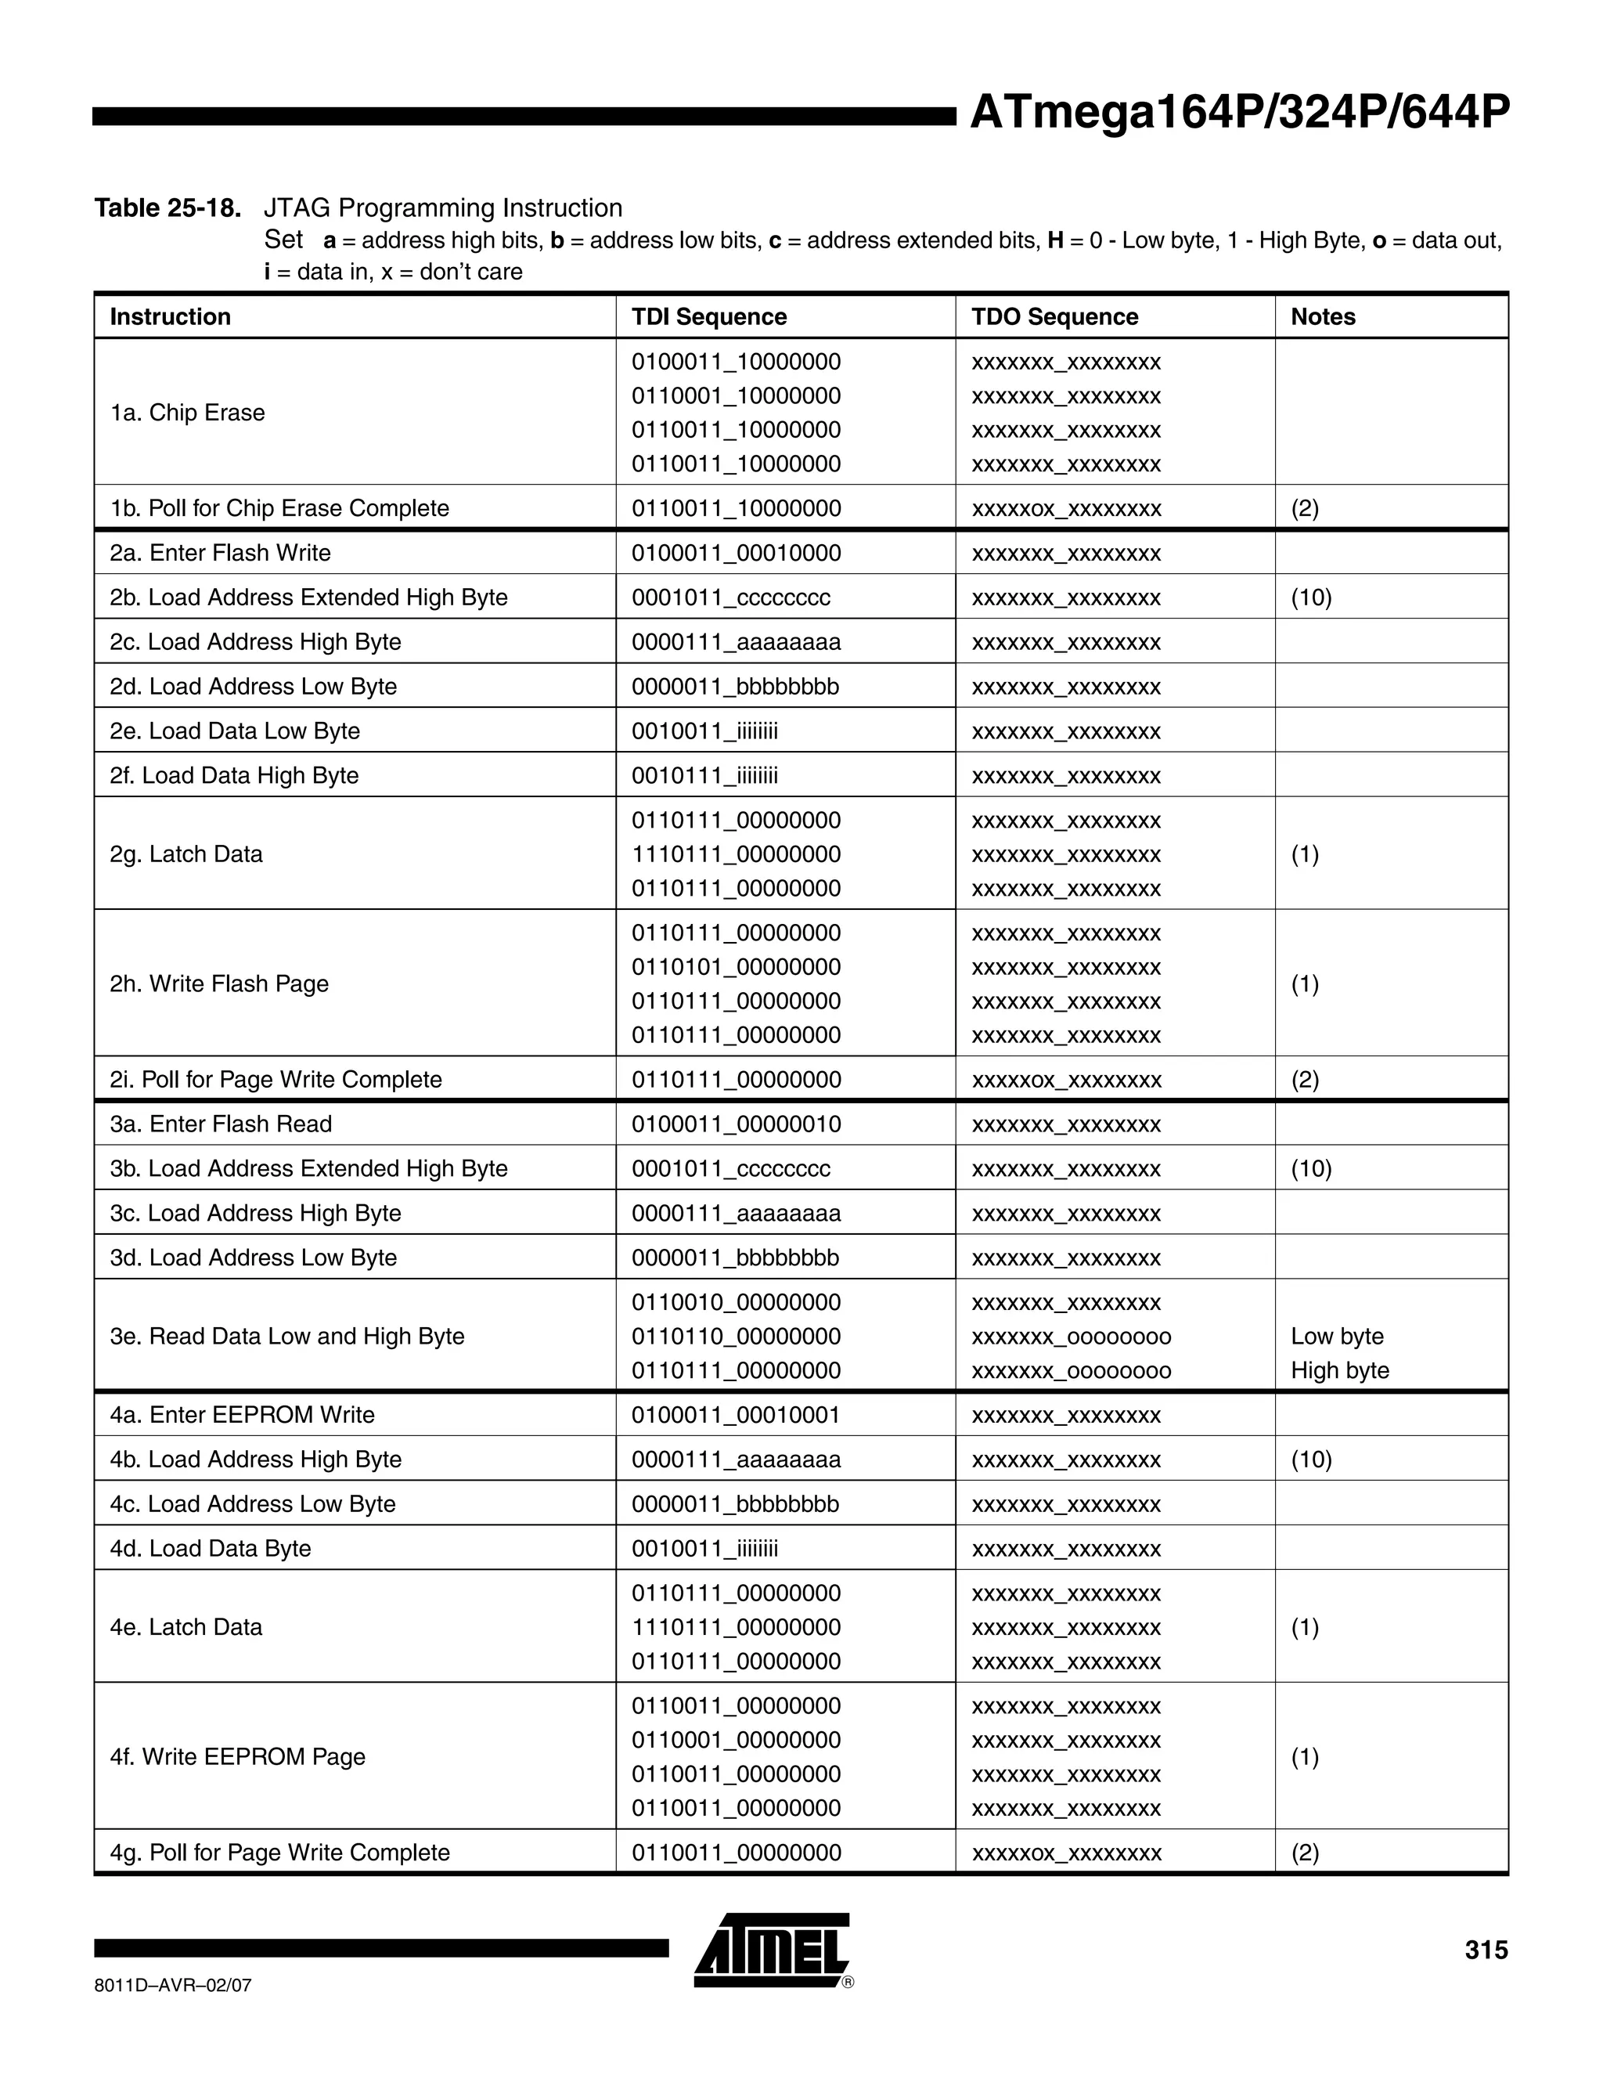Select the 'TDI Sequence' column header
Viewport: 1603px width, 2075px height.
pos(708,316)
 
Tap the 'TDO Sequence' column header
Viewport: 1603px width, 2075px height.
pos(1054,316)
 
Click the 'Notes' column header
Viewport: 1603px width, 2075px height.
pos(1322,316)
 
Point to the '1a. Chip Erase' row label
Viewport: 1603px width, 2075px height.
pos(187,413)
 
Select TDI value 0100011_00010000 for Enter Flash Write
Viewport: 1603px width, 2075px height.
pos(736,553)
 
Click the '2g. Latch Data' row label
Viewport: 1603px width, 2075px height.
pos(186,854)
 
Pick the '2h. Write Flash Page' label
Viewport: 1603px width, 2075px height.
pos(218,983)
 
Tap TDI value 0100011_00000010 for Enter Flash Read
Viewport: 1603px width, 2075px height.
pos(736,1124)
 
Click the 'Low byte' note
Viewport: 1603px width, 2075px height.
pos(1336,1336)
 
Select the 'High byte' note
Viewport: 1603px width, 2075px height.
pos(1339,1370)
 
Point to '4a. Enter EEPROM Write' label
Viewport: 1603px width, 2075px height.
pos(242,1415)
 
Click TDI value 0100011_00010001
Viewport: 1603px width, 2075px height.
pos(736,1415)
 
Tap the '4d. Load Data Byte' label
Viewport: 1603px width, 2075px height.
pos(210,1549)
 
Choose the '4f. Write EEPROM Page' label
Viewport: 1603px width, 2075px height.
pos(237,1757)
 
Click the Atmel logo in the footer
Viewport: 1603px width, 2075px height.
pos(771,1950)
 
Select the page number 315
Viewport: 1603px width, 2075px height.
pos(1486,1950)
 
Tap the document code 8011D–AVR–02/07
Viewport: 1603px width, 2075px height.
pos(173,1986)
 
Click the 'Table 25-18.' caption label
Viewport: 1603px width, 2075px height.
pos(168,208)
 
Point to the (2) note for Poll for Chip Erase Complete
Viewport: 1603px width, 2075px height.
pos(1304,508)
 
